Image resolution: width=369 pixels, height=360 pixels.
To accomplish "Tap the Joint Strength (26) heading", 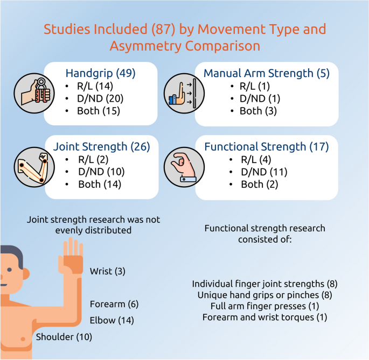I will [101, 146].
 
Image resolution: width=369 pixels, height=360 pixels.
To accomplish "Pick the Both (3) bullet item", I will [258, 111].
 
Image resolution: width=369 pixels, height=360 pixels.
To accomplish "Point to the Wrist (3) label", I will [108, 271].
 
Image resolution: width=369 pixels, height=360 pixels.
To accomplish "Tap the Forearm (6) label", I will [114, 304].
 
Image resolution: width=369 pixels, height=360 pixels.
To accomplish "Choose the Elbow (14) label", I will [112, 320].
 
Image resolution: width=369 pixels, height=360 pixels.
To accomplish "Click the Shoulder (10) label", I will [64, 337].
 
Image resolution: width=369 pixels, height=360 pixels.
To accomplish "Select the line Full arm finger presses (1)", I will [264, 306].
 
